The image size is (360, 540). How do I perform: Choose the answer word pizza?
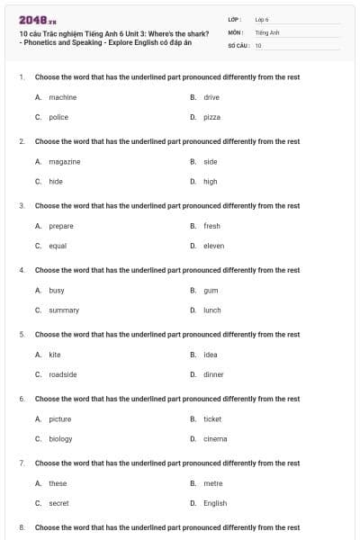211,117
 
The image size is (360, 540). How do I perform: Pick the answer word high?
210,181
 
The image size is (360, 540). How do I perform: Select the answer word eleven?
213,246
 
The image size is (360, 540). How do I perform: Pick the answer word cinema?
215,438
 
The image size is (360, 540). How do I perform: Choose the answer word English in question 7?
215,503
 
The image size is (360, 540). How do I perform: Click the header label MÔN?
236,31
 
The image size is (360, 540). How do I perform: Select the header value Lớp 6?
262,19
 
